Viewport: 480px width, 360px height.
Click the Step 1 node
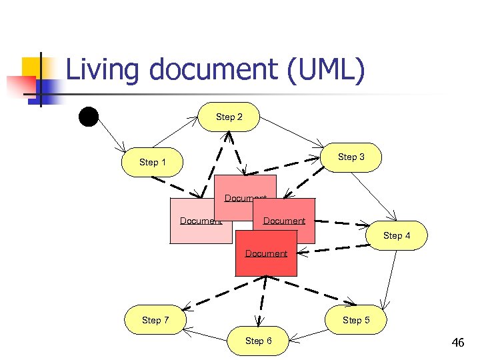coord(153,162)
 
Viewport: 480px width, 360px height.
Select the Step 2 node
coord(229,117)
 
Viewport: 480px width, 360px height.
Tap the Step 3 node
coord(351,157)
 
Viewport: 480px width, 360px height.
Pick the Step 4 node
coord(396,235)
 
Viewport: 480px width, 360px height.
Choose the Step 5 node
coord(355,320)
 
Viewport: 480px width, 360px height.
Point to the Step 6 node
coord(258,341)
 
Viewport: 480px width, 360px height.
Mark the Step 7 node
coord(155,320)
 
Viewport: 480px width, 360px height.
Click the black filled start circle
coord(88,116)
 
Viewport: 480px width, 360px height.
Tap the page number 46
coord(457,343)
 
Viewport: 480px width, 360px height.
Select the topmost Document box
coord(245,187)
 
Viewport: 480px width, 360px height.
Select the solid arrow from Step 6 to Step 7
coord(207,331)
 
